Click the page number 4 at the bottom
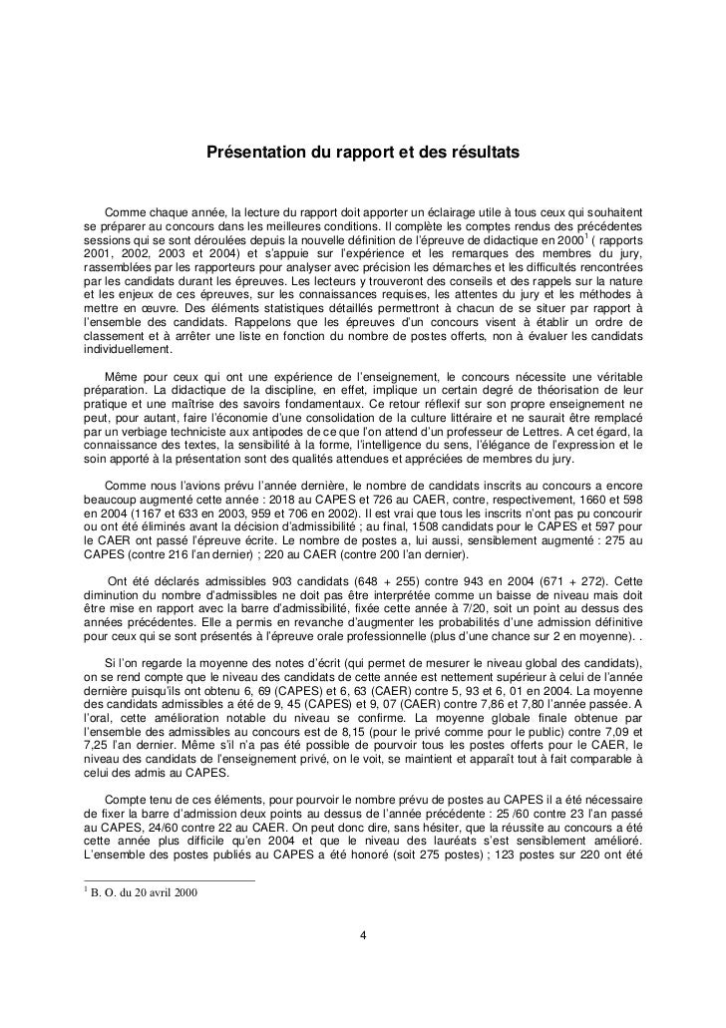pyautogui.click(x=363, y=935)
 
